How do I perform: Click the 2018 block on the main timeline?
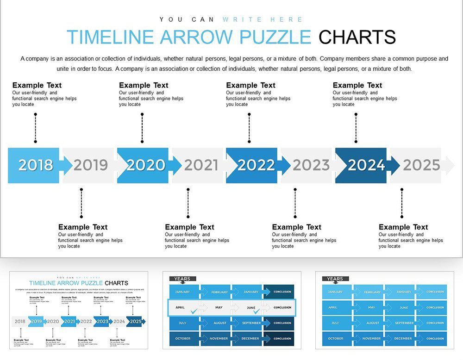(x=35, y=165)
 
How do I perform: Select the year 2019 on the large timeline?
(x=90, y=165)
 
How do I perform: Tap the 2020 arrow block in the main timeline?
(x=145, y=165)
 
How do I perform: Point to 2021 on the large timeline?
(x=201, y=165)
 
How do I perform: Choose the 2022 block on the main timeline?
(x=255, y=165)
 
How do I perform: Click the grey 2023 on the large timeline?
(x=311, y=165)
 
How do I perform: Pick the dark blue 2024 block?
(x=365, y=165)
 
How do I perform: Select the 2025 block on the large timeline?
(x=421, y=165)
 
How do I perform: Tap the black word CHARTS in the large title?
(x=357, y=37)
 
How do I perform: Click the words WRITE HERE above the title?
(x=263, y=19)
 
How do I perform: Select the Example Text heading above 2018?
(x=37, y=85)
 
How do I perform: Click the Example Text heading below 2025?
(x=403, y=227)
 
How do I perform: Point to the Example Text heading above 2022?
(x=250, y=85)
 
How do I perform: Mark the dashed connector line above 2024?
(x=356, y=127)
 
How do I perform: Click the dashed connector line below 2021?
(x=188, y=203)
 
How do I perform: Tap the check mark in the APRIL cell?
(x=193, y=311)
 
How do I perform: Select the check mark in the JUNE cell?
(x=256, y=311)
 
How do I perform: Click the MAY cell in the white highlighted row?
(x=219, y=307)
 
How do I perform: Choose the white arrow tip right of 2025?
(x=449, y=165)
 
